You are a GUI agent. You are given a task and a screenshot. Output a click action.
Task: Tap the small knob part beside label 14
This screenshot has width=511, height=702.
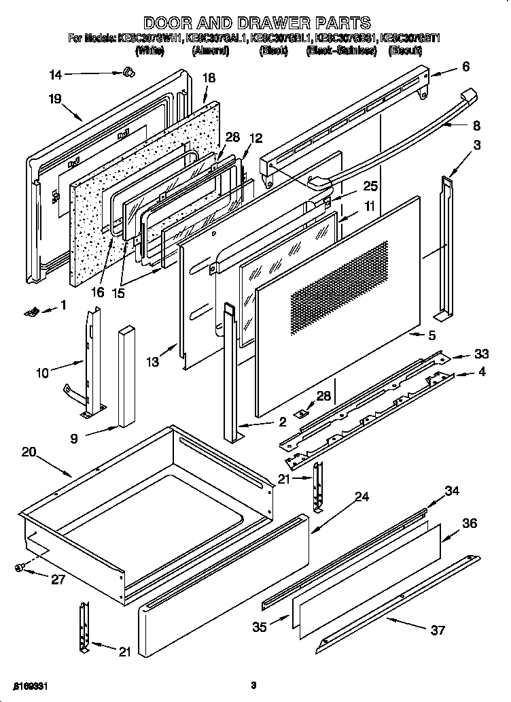point(127,72)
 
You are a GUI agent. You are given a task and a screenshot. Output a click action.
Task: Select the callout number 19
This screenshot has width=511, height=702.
point(56,99)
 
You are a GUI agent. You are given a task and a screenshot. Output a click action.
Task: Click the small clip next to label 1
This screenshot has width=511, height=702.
point(30,311)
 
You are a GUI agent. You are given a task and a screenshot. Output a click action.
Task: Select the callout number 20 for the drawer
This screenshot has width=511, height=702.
point(29,451)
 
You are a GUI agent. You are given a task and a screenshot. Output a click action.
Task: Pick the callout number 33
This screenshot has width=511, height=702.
point(481,354)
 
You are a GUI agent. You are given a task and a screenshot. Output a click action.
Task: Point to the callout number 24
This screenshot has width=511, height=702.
point(362,497)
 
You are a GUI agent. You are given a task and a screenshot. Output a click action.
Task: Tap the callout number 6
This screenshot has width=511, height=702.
point(465,66)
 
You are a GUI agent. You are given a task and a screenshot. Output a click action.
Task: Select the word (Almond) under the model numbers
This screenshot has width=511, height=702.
point(210,50)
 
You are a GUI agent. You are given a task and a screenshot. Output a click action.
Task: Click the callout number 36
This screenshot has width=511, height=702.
point(469,523)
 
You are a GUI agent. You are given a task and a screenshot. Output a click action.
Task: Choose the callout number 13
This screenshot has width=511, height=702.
point(153,363)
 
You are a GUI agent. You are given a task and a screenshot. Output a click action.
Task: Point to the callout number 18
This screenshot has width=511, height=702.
point(209,78)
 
